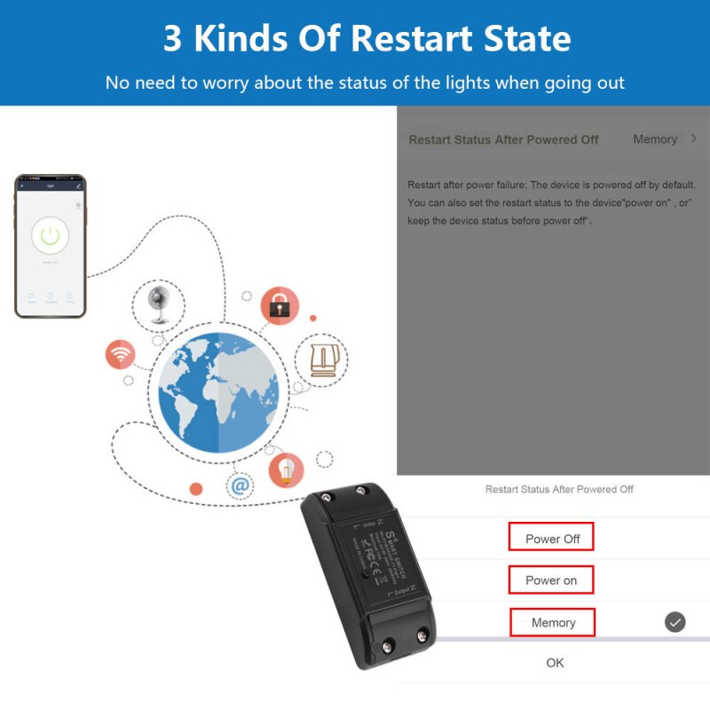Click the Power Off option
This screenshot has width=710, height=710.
click(551, 538)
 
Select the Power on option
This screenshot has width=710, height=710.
click(551, 580)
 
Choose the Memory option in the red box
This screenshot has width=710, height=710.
click(553, 622)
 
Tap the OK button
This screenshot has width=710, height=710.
click(555, 663)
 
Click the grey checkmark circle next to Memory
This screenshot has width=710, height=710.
click(675, 622)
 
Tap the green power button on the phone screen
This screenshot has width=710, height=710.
click(51, 235)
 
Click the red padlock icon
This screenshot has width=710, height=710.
click(280, 305)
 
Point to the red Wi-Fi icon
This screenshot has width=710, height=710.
click(120, 354)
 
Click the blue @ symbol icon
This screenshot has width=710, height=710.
click(240, 485)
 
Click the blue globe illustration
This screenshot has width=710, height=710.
click(218, 390)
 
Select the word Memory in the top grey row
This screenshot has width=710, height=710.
click(655, 139)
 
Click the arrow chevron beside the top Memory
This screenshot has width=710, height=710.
click(693, 139)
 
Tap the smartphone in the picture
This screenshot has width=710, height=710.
click(51, 246)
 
